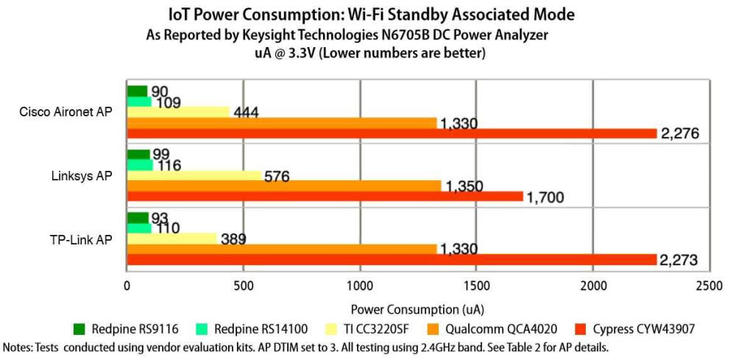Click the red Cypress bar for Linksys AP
click(324, 197)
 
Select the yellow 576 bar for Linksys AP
click(196, 175)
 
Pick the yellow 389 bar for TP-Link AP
click(174, 239)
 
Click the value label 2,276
click(679, 133)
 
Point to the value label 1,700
click(545, 197)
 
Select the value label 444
click(250, 113)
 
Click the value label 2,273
click(679, 259)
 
